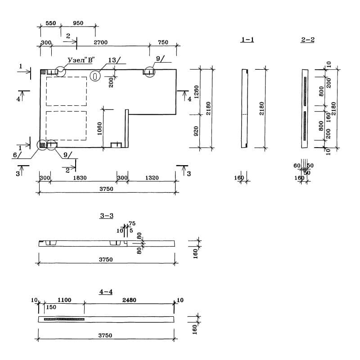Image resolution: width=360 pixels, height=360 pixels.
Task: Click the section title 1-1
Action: tap(247, 40)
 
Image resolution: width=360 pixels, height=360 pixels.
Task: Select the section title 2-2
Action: tap(308, 40)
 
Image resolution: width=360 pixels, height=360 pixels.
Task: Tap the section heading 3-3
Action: tap(106, 216)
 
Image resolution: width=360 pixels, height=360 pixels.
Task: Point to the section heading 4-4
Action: tap(106, 292)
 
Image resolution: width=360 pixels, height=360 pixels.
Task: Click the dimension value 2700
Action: tap(100, 43)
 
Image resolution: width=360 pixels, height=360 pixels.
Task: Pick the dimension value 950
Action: tap(78, 23)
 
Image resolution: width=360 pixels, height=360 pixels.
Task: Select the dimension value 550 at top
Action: tap(51, 23)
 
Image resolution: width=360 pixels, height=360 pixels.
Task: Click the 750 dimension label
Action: tap(163, 43)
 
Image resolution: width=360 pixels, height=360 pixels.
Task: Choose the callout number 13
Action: tap(112, 60)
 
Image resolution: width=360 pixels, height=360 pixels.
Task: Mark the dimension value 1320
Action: tap(152, 178)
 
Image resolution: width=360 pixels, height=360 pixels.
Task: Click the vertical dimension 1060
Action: tap(99, 129)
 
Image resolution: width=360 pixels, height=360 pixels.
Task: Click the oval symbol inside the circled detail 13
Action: tap(95, 76)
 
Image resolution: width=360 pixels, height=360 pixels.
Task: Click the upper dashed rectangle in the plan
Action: tap(66, 91)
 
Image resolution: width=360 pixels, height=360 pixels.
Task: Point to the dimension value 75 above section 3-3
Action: tap(132, 224)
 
